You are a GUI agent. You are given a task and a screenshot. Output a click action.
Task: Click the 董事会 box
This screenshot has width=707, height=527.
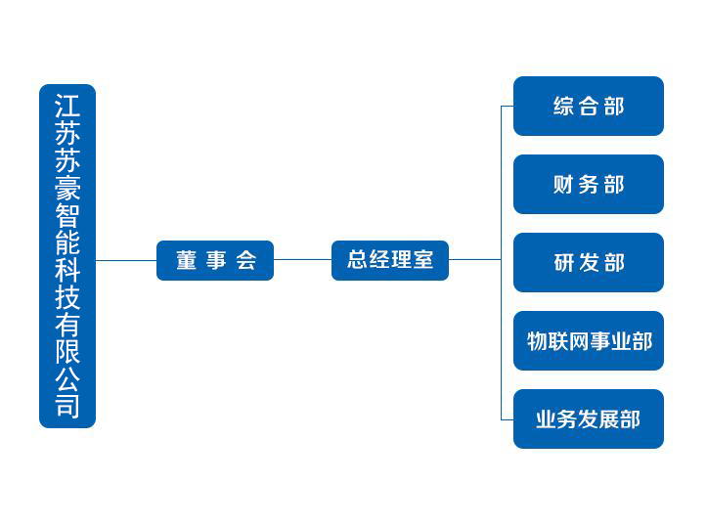[215, 261]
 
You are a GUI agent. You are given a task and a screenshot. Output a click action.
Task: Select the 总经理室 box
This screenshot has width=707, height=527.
[390, 261]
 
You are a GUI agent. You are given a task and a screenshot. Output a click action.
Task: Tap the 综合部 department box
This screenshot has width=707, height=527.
[589, 106]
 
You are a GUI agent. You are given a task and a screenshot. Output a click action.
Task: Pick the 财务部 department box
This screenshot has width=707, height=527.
[589, 185]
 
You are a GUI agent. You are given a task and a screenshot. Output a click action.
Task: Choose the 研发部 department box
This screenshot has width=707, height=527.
[589, 262]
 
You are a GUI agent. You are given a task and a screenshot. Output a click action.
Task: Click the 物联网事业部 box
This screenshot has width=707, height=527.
[589, 341]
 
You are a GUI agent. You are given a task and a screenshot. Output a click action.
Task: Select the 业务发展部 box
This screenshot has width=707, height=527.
[589, 418]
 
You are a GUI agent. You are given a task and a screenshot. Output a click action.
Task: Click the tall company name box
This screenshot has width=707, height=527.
[67, 256]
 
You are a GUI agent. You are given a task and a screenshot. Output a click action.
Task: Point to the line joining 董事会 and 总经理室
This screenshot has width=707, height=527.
[302, 260]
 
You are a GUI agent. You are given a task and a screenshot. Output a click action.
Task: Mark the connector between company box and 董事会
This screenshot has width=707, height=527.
[126, 260]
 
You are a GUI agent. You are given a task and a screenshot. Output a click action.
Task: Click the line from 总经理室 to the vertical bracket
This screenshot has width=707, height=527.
[475, 260]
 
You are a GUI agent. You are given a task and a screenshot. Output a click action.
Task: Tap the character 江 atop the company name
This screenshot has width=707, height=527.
[67, 106]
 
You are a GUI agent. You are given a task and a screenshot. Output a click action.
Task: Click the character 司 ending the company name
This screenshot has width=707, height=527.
[67, 406]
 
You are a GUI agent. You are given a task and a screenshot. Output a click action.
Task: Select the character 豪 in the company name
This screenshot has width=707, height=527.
[67, 188]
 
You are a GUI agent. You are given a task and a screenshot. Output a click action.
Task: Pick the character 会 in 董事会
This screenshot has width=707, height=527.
[246, 261]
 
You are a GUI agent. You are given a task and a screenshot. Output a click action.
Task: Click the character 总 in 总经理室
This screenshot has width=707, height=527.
[357, 260]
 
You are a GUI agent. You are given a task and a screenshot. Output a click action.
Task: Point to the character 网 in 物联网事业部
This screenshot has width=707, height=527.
[578, 341]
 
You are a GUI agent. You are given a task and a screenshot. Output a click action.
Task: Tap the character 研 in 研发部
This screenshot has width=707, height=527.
[563, 263]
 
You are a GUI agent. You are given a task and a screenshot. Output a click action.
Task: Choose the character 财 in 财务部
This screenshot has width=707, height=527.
[563, 185]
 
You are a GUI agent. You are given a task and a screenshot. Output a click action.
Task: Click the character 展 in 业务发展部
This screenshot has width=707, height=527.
[609, 419]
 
